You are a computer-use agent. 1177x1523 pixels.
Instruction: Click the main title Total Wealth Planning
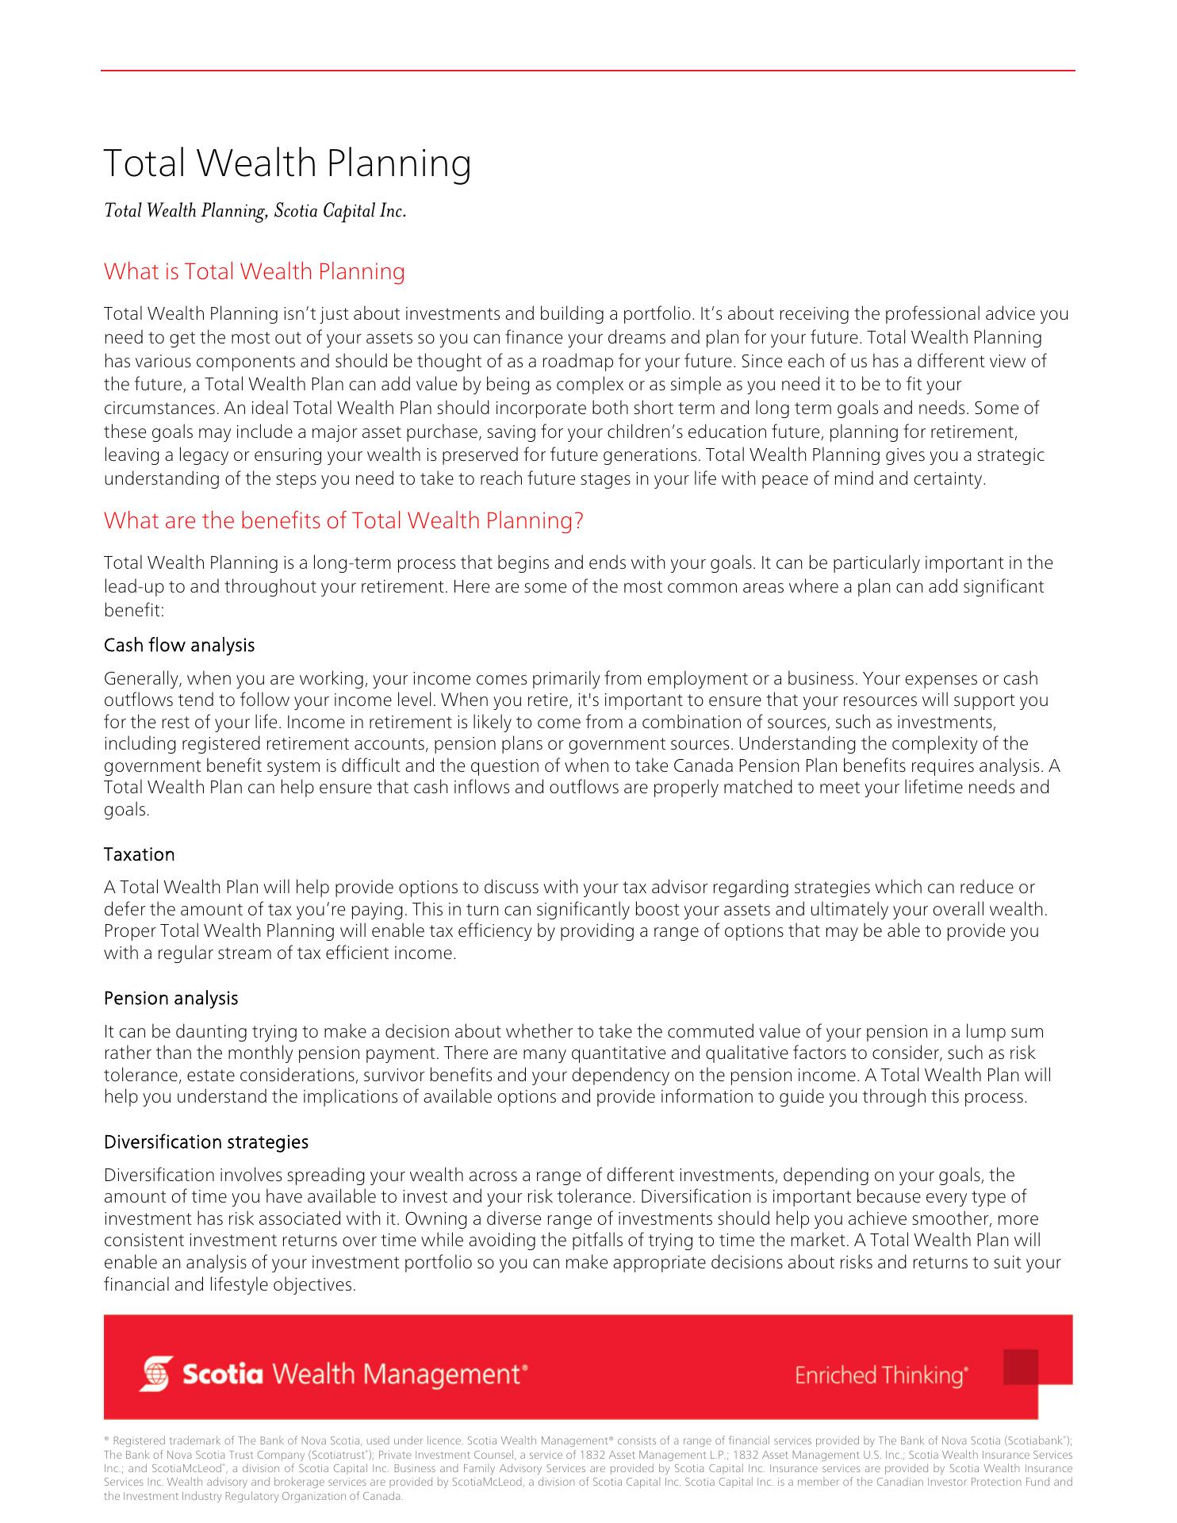coord(287,163)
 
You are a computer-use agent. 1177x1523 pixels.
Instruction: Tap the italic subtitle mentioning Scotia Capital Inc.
coord(255,211)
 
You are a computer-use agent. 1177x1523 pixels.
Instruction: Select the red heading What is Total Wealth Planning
coord(254,271)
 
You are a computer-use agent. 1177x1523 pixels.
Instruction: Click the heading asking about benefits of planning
coord(343,520)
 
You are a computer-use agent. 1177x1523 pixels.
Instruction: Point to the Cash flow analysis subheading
coord(179,645)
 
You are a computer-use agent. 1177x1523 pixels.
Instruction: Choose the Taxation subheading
coord(139,854)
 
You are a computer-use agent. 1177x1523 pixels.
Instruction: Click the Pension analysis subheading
coord(171,998)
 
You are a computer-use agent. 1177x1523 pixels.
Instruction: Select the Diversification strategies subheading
coord(206,1141)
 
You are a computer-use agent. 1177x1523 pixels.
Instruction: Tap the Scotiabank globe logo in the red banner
coord(155,1374)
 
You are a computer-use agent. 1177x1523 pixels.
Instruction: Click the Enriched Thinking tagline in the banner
coord(880,1375)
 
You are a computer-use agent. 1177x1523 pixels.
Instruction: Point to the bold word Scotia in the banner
coord(222,1374)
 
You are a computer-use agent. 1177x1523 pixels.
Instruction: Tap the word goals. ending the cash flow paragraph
coord(127,810)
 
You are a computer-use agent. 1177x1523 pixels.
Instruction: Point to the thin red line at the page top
coord(587,71)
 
